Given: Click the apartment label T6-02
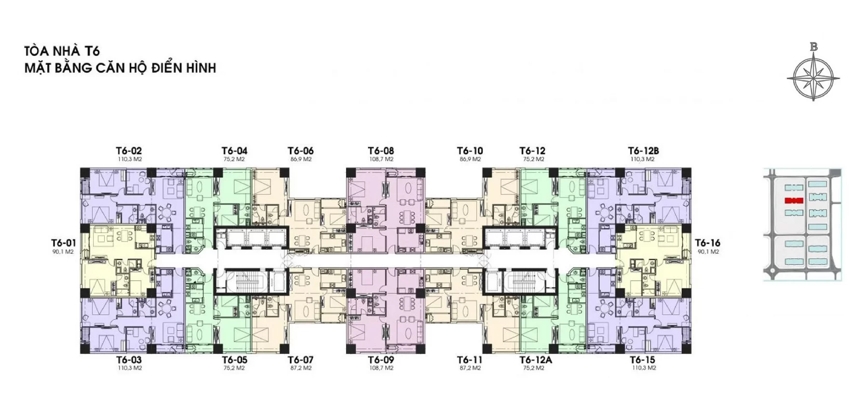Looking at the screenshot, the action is click(x=129, y=151).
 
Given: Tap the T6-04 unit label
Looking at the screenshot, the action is click(x=234, y=151).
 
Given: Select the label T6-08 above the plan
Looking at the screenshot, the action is click(x=380, y=151).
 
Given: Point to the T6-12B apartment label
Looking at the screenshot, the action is click(x=643, y=151).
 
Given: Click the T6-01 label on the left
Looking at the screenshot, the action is click(x=64, y=243).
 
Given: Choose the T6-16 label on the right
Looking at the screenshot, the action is click(x=707, y=243).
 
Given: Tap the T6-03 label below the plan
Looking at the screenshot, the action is click(x=129, y=360).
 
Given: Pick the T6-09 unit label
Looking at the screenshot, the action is click(x=380, y=360).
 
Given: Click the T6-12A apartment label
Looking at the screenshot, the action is click(x=535, y=360).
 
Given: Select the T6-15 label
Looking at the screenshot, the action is click(x=642, y=360).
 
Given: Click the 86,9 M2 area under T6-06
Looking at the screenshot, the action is click(x=300, y=159).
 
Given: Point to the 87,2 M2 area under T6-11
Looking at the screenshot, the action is click(x=470, y=368).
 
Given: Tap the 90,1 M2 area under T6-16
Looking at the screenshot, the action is click(x=707, y=252).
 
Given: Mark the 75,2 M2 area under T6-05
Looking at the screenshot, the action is click(x=234, y=368).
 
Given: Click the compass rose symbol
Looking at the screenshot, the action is click(x=814, y=77).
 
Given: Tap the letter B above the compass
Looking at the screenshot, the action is click(x=814, y=47).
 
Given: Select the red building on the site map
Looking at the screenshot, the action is click(x=793, y=201).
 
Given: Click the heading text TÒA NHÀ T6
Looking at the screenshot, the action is click(x=62, y=51).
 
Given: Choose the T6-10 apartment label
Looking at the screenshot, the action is click(x=470, y=151).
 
